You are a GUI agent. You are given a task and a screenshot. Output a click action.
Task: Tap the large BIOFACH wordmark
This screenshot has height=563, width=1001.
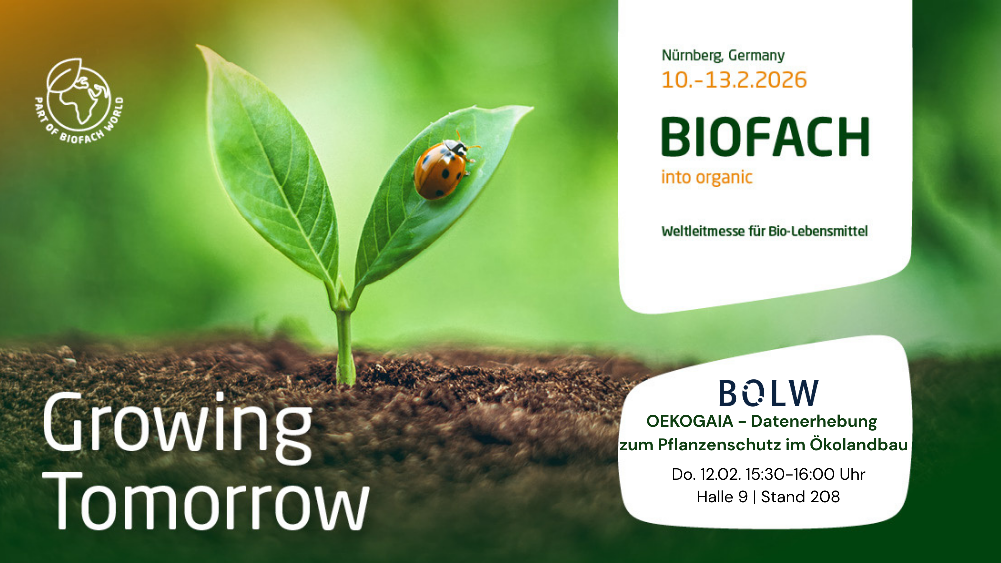point(765,137)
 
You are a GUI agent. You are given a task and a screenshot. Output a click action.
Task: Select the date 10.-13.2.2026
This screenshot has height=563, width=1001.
point(734,80)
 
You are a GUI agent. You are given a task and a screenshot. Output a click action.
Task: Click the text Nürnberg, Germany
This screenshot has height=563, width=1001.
point(723,55)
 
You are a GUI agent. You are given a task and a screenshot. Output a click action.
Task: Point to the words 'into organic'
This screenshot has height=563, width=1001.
point(707,177)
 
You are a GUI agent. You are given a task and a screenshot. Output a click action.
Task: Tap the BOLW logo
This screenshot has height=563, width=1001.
point(768,393)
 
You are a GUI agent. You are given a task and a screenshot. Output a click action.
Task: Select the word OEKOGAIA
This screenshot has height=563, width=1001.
point(690,421)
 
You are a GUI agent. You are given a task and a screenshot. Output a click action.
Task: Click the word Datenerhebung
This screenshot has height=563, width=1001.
point(814,422)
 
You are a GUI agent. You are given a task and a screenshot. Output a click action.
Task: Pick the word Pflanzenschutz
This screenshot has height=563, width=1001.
point(719,445)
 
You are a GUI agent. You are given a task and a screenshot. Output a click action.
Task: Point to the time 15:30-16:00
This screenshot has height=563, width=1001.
point(790,474)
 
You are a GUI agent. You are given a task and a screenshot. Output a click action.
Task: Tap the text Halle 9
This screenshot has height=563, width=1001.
point(722,497)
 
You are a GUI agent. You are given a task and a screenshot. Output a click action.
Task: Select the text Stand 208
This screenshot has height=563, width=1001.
point(800,497)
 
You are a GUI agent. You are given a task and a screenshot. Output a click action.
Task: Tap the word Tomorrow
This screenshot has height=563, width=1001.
point(206,501)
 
